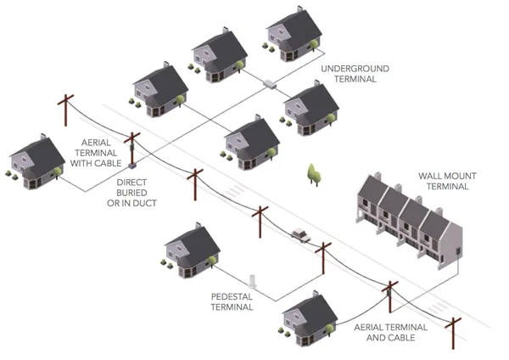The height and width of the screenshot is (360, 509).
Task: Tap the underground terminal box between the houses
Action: tap(271, 85)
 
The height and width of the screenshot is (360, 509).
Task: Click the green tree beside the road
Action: tap(313, 174)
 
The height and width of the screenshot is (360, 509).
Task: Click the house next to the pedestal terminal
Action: tap(192, 246)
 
